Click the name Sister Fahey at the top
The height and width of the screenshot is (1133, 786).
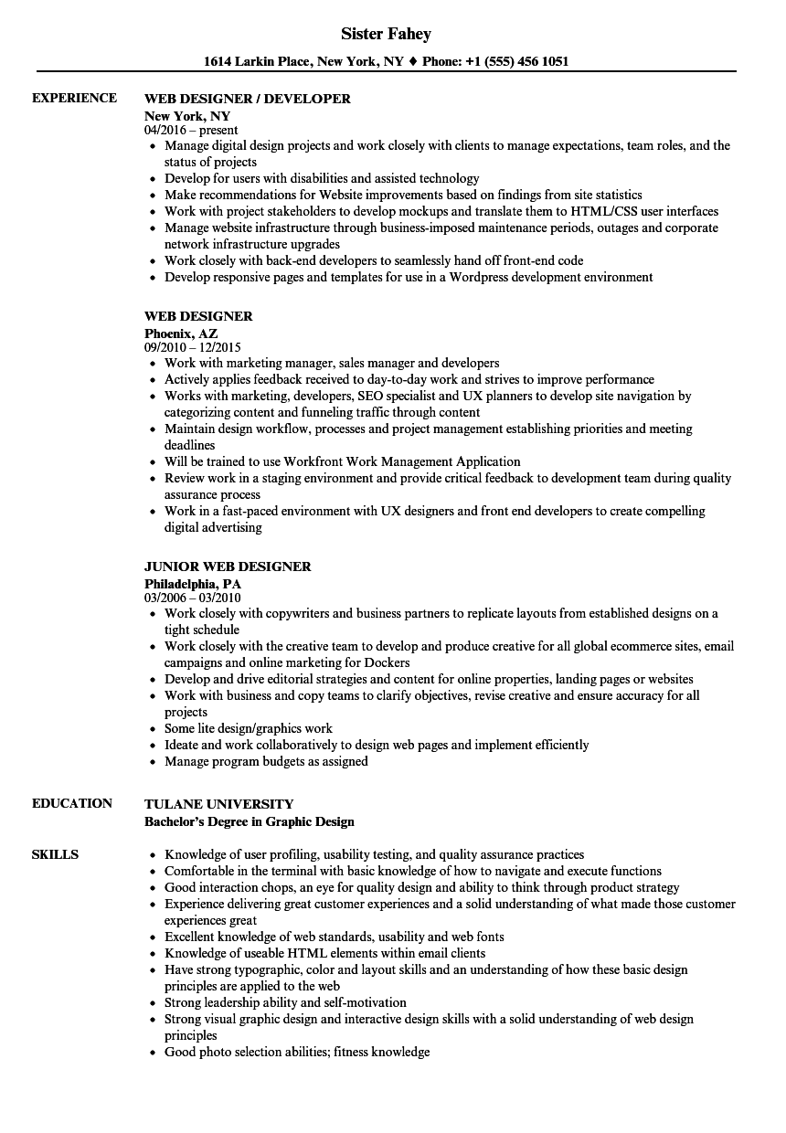click(386, 34)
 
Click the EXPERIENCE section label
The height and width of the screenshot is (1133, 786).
click(74, 98)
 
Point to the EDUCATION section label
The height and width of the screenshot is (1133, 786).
click(72, 803)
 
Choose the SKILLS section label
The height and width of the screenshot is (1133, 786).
click(55, 854)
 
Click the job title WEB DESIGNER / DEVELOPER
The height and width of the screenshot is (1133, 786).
click(248, 99)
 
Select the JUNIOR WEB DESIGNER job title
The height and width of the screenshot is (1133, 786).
click(228, 566)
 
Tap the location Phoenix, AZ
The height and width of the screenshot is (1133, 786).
click(181, 334)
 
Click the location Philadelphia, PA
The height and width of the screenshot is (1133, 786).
click(193, 583)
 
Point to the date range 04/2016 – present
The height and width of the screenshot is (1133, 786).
click(191, 130)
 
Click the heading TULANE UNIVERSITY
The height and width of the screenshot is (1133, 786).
click(219, 804)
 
